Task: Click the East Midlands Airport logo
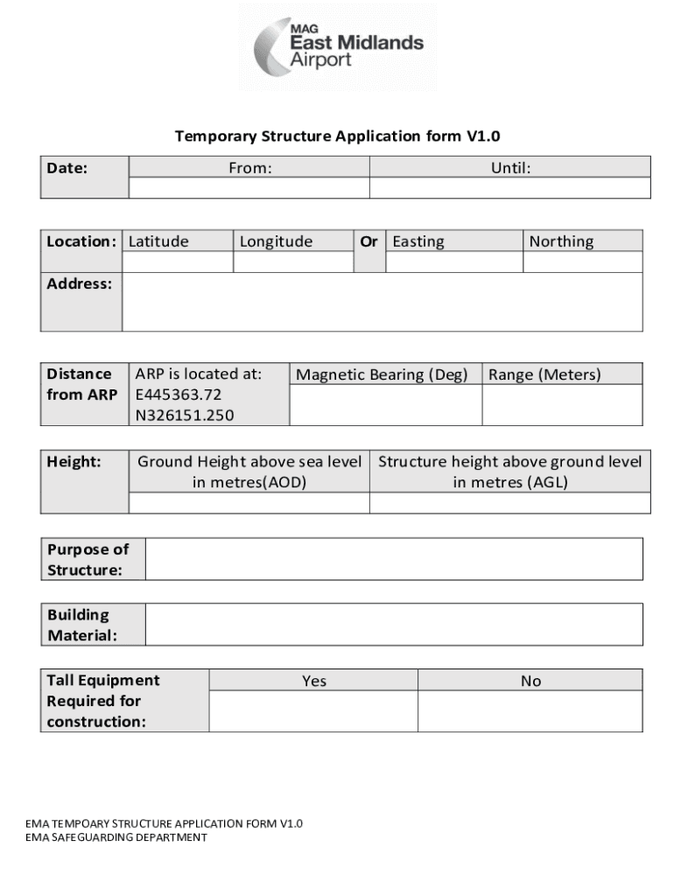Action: pyautogui.click(x=338, y=47)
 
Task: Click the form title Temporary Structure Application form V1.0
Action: pyautogui.click(x=337, y=136)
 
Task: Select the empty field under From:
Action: pyautogui.click(x=249, y=188)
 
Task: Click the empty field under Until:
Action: pyautogui.click(x=510, y=188)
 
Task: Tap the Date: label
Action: pyautogui.click(x=67, y=168)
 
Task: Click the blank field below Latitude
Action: pyautogui.click(x=178, y=262)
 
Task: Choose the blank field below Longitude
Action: pyautogui.click(x=294, y=262)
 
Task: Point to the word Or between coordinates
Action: pyautogui.click(x=369, y=241)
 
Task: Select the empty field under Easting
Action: pyautogui.click(x=454, y=262)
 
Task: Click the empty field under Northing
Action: pyautogui.click(x=583, y=262)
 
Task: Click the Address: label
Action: pyautogui.click(x=81, y=283)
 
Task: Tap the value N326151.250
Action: pyautogui.click(x=184, y=415)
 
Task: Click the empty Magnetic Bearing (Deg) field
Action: pyautogui.click(x=385, y=405)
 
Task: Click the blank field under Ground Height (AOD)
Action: pyautogui.click(x=249, y=503)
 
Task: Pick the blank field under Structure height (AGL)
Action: pyautogui.click(x=510, y=503)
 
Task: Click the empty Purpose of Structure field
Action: pyautogui.click(x=394, y=559)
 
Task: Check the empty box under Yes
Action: pyautogui.click(x=313, y=711)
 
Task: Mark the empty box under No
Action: pyautogui.click(x=530, y=711)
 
